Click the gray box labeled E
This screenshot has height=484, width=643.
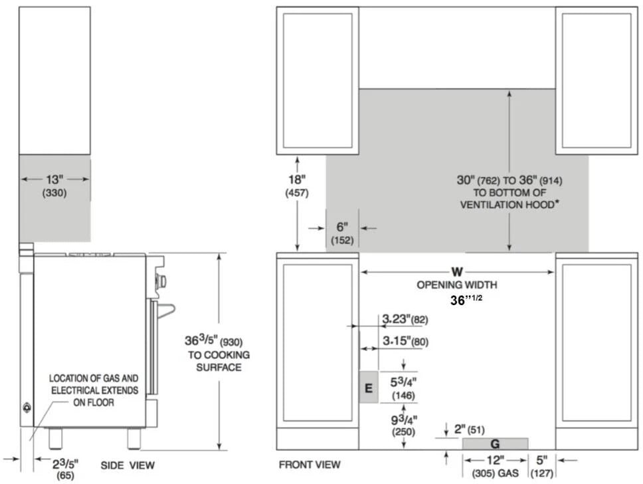[x=369, y=387]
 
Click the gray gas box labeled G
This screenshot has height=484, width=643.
[x=495, y=443]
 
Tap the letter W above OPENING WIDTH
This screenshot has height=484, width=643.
[x=457, y=272]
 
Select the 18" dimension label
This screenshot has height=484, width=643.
[x=297, y=180]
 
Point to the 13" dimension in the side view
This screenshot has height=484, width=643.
[x=54, y=180]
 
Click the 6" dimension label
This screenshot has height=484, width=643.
[x=342, y=227]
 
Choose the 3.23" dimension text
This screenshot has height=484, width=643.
[x=397, y=319]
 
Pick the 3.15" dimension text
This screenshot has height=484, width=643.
[x=397, y=341]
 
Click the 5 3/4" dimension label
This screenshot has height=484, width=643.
[x=403, y=382]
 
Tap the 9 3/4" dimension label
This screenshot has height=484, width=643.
[x=404, y=420]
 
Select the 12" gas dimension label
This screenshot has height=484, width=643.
[x=495, y=460]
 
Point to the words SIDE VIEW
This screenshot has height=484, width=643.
[x=128, y=465]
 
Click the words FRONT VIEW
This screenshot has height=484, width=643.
[x=310, y=465]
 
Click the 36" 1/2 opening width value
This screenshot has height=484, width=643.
[x=466, y=300]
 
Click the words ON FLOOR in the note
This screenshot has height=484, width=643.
[x=94, y=402]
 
